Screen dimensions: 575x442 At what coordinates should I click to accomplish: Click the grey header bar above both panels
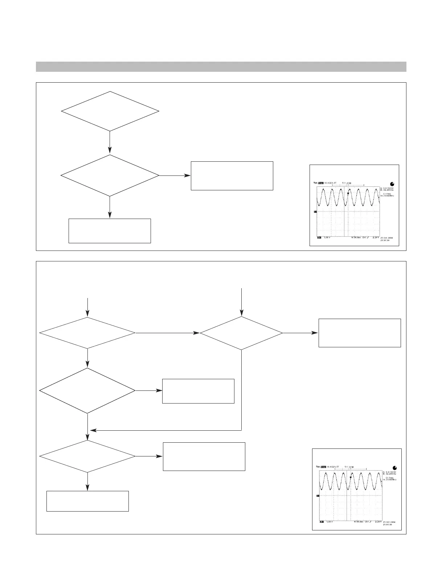point(221,67)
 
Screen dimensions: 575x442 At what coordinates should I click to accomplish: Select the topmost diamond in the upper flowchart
point(110,111)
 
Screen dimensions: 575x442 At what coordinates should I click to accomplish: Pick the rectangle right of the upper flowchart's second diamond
point(232,176)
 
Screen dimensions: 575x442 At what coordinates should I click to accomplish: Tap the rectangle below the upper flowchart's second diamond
point(110,231)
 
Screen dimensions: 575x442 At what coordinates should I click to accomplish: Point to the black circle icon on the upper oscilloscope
point(392,183)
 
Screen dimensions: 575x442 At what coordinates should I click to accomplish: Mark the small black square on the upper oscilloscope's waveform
point(348,194)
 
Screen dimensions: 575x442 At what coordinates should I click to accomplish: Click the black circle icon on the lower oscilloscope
point(394,468)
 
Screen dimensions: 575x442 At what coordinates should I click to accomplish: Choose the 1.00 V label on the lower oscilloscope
point(328,522)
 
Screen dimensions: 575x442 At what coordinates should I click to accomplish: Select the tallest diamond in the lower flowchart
point(87,391)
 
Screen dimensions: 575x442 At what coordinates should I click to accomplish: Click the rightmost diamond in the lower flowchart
point(241,333)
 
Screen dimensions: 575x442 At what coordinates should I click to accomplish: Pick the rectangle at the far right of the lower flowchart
point(360,333)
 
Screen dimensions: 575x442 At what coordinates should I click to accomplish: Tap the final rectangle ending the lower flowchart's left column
point(87,501)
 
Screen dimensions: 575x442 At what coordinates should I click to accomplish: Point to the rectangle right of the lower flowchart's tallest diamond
point(198,391)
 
